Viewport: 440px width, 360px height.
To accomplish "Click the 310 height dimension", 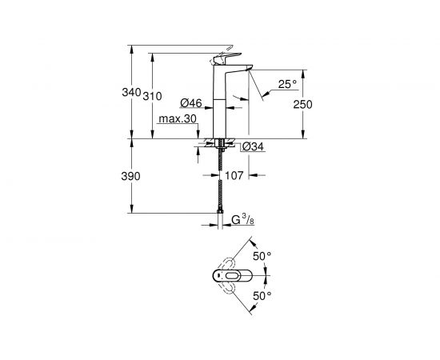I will pyautogui.click(x=153, y=97).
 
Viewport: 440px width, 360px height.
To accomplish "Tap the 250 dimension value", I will pyautogui.click(x=302, y=105).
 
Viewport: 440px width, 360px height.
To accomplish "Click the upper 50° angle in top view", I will pyautogui.click(x=263, y=257).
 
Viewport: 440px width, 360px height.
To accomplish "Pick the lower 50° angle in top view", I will pyautogui.click(x=263, y=296).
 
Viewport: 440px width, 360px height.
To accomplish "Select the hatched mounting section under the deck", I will pyautogui.click(x=218, y=146).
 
